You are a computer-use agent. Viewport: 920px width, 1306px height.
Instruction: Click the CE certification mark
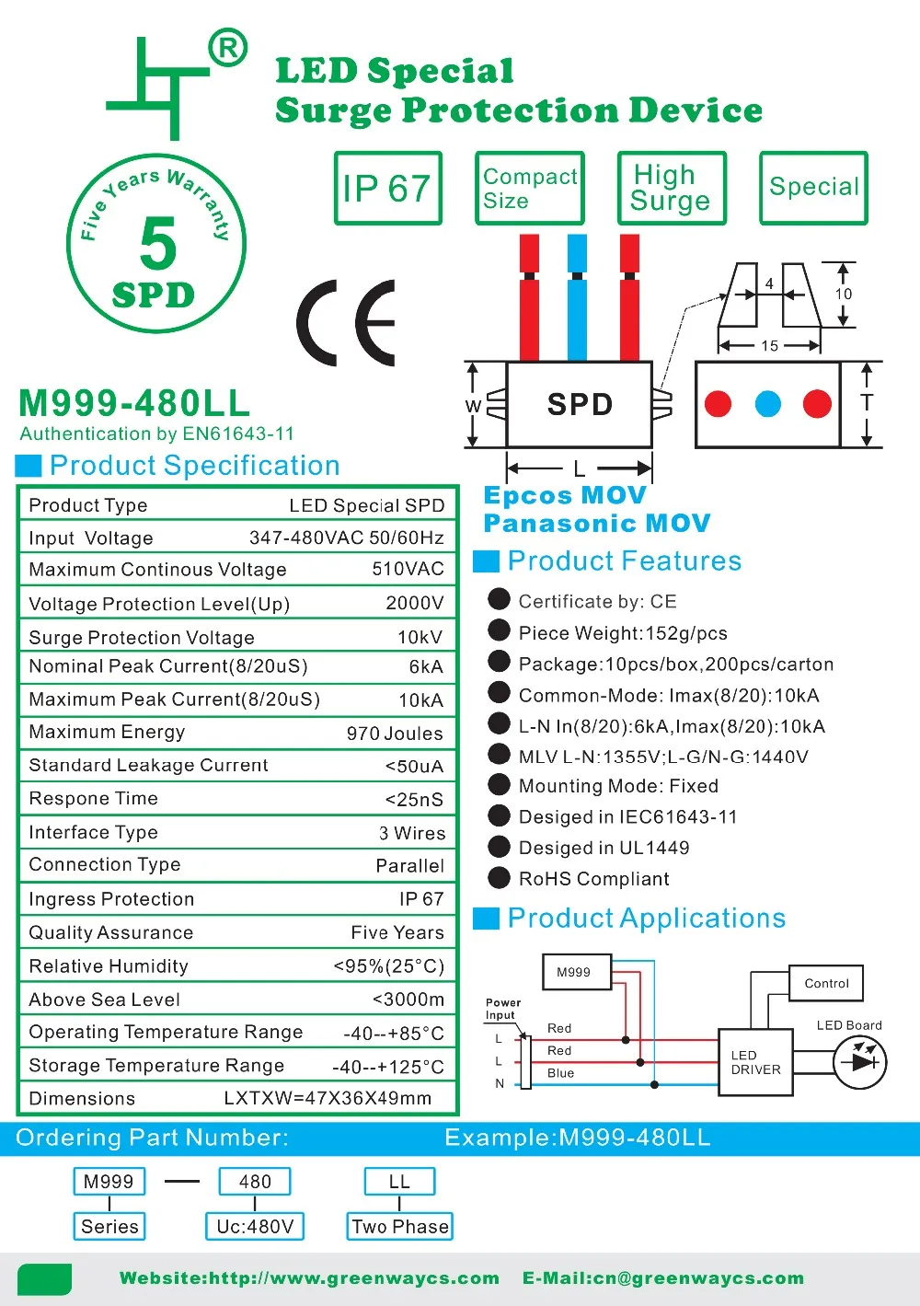[x=346, y=322]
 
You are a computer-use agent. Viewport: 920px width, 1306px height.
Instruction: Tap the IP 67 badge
[x=387, y=188]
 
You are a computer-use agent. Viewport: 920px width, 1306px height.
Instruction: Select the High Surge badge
[x=672, y=188]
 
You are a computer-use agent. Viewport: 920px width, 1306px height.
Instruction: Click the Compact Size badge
[x=530, y=188]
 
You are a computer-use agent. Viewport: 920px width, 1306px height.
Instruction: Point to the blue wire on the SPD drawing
[x=577, y=296]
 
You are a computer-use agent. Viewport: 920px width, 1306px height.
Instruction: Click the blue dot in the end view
[x=767, y=403]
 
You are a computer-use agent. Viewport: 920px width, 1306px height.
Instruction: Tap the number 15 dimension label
[x=769, y=346]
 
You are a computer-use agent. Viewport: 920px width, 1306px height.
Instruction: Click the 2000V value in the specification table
[x=414, y=603]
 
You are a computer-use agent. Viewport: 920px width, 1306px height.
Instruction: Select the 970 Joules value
[x=395, y=734]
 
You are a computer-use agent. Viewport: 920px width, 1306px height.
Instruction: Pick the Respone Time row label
[x=93, y=798]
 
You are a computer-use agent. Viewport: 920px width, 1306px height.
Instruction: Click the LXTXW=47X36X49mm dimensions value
[x=328, y=1098]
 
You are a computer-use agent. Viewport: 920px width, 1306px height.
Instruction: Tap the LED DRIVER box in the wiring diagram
[x=755, y=1062]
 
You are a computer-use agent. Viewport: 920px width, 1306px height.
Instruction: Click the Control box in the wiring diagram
[x=826, y=983]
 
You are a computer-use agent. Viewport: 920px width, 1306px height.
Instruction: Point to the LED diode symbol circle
[x=859, y=1062]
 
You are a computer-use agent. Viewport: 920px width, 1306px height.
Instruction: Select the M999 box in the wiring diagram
[x=574, y=972]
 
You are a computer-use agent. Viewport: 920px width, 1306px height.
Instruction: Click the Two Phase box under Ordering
[x=399, y=1226]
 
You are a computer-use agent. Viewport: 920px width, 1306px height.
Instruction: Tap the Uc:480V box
[x=255, y=1226]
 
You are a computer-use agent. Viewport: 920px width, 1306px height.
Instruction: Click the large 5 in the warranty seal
[x=158, y=244]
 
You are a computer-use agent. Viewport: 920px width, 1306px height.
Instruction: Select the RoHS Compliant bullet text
[x=593, y=879]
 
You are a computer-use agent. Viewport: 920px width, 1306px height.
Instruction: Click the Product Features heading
[x=624, y=561]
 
